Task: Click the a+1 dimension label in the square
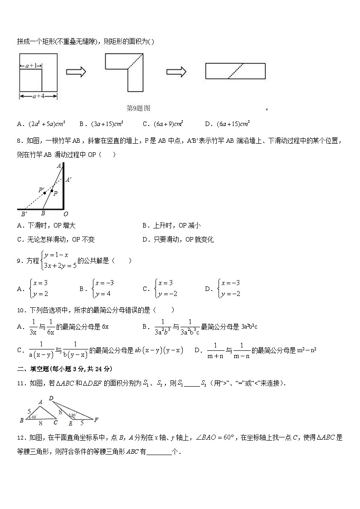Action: [x=30, y=66]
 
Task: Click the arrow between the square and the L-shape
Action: [x=76, y=72]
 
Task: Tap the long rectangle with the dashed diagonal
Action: [x=235, y=71]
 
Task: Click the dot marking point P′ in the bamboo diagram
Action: [x=44, y=193]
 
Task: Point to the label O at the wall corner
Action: [x=66, y=213]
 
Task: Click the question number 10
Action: [x=20, y=310]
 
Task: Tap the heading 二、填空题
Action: [x=35, y=368]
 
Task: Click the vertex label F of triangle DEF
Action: [x=96, y=420]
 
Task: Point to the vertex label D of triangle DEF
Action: [x=51, y=399]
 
